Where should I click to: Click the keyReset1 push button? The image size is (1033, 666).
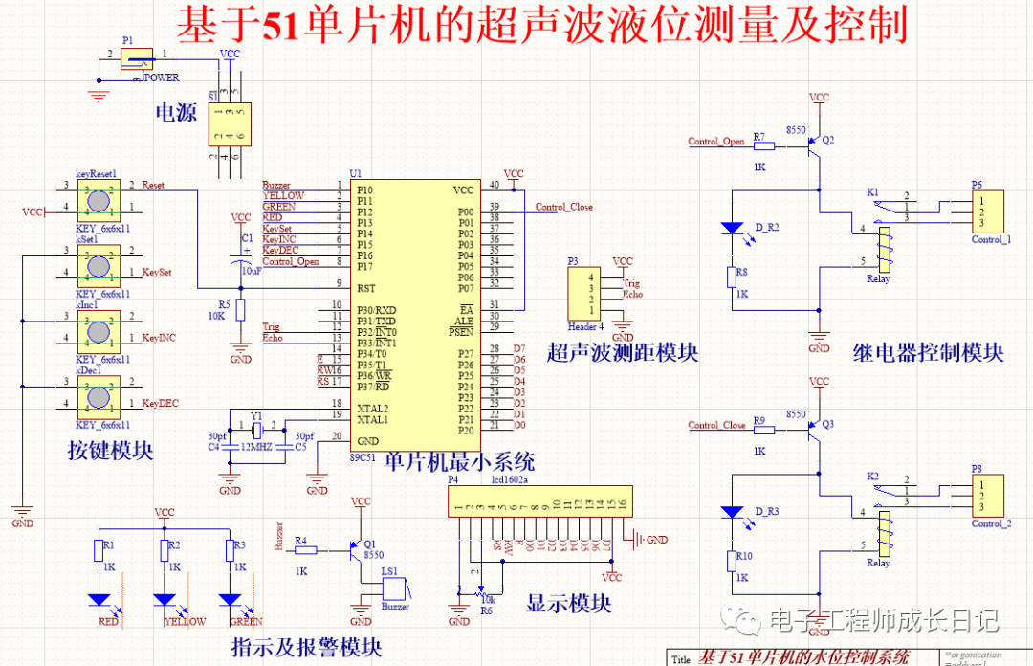pyautogui.click(x=97, y=201)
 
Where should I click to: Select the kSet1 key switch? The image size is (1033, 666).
pyautogui.click(x=97, y=265)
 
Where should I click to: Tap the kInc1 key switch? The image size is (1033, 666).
pyautogui.click(x=97, y=331)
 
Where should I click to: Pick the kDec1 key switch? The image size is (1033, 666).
pyautogui.click(x=97, y=396)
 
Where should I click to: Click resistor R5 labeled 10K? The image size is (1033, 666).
pyautogui.click(x=241, y=309)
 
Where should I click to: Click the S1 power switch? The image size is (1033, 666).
pyautogui.click(x=230, y=123)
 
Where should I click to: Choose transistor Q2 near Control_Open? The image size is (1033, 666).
pyautogui.click(x=814, y=146)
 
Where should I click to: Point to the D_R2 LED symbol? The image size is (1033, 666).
pyautogui.click(x=732, y=229)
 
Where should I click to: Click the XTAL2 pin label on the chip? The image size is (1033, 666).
pyautogui.click(x=372, y=409)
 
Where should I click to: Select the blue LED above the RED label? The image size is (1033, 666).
pyautogui.click(x=99, y=600)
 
